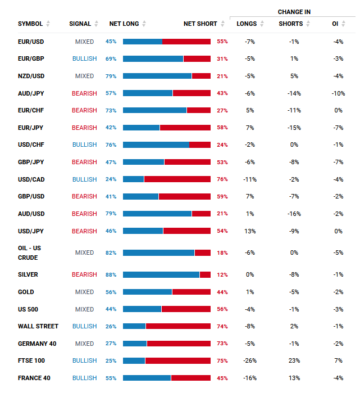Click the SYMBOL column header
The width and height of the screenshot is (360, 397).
(30, 24)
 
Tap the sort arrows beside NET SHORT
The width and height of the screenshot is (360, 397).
(222, 24)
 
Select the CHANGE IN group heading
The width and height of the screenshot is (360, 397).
(294, 12)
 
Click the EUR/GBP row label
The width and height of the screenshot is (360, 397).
(31, 58)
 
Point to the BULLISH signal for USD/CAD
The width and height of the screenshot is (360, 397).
(84, 179)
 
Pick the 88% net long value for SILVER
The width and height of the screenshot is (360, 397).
(111, 275)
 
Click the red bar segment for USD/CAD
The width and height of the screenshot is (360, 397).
(177, 179)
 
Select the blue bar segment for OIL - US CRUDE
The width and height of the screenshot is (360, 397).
(158, 252)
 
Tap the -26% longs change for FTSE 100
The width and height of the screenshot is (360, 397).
(250, 360)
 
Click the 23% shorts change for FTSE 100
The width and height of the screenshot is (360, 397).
(294, 360)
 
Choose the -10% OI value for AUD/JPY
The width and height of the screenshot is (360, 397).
(338, 93)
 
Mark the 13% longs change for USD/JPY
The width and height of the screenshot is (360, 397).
(250, 231)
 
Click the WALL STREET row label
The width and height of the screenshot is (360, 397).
(38, 326)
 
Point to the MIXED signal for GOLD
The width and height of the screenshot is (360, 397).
(84, 292)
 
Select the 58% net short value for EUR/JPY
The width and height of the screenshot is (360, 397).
(222, 128)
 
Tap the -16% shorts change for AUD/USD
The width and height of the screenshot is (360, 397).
(294, 214)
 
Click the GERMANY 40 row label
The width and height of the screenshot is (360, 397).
(37, 344)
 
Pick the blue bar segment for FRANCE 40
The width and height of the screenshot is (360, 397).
(147, 378)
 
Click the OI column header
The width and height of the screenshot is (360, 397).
(335, 24)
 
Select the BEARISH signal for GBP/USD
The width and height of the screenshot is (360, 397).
(84, 196)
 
